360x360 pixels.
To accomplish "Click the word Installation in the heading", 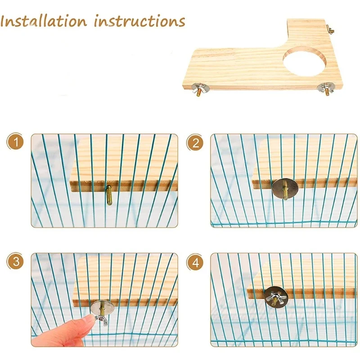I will pos(44,21).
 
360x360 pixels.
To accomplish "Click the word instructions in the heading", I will pos(139,21).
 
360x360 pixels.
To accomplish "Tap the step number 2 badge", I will pos(196,143).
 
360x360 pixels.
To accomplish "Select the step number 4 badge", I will pos(196,262).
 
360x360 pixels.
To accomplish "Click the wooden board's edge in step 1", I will pos(121,186).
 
